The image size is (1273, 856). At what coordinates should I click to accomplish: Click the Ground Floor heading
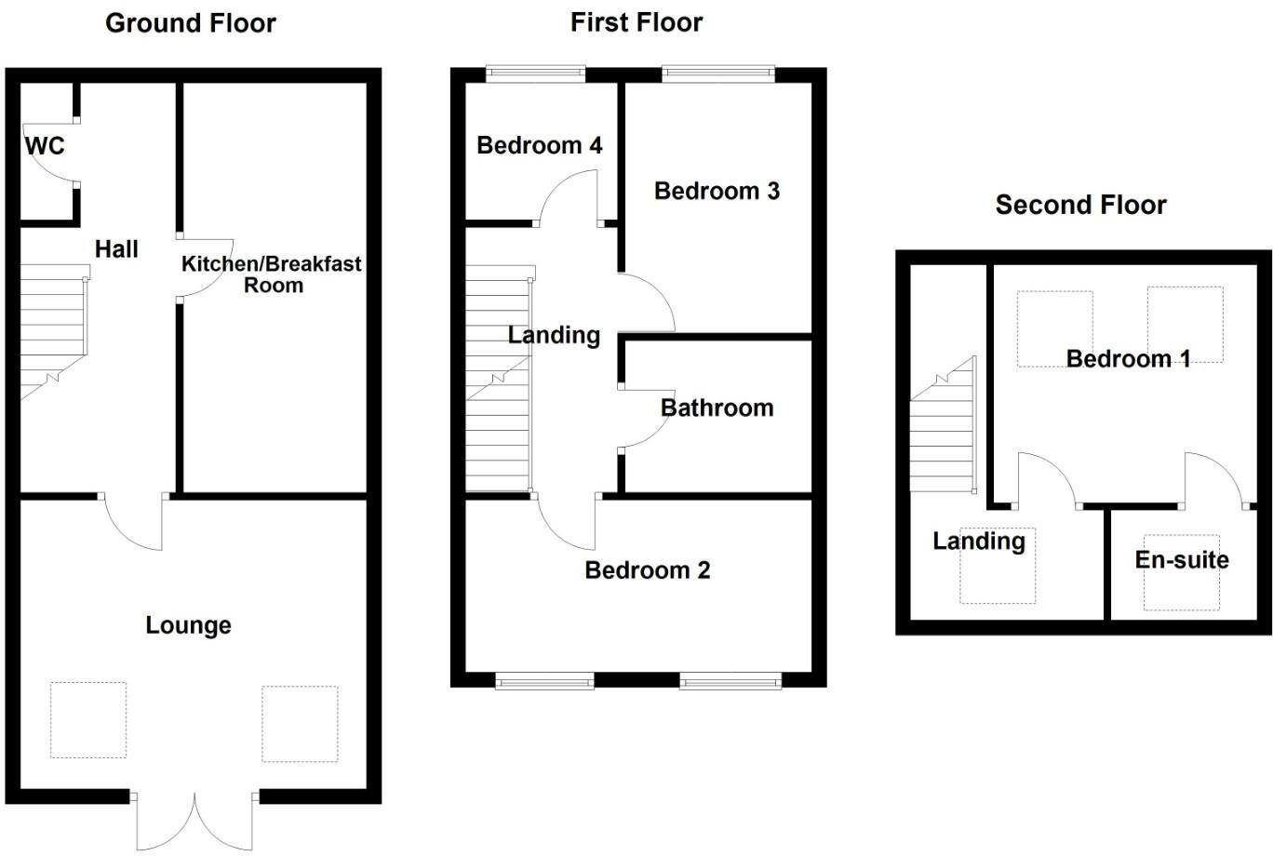click(x=191, y=23)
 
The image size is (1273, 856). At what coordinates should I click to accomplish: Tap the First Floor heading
click(x=636, y=22)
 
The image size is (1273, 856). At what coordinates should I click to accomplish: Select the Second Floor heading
click(x=1080, y=205)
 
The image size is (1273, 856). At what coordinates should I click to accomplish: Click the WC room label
click(x=45, y=146)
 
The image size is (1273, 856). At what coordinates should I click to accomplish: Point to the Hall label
click(x=116, y=248)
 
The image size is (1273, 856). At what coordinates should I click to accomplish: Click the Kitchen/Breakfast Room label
click(x=272, y=274)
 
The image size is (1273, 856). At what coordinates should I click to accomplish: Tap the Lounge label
click(x=188, y=625)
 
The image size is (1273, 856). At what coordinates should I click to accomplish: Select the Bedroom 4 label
click(x=539, y=145)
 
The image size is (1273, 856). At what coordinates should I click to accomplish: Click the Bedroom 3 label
click(x=717, y=191)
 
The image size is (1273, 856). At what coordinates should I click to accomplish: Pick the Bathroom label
click(x=717, y=408)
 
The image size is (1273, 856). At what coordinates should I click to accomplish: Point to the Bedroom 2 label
click(x=647, y=569)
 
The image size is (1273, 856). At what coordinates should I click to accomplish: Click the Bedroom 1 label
click(x=1128, y=359)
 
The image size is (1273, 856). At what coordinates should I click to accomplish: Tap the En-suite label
click(x=1182, y=559)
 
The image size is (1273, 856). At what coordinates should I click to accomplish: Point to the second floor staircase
click(x=943, y=433)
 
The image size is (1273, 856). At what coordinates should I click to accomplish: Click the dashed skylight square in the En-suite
click(x=1181, y=572)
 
